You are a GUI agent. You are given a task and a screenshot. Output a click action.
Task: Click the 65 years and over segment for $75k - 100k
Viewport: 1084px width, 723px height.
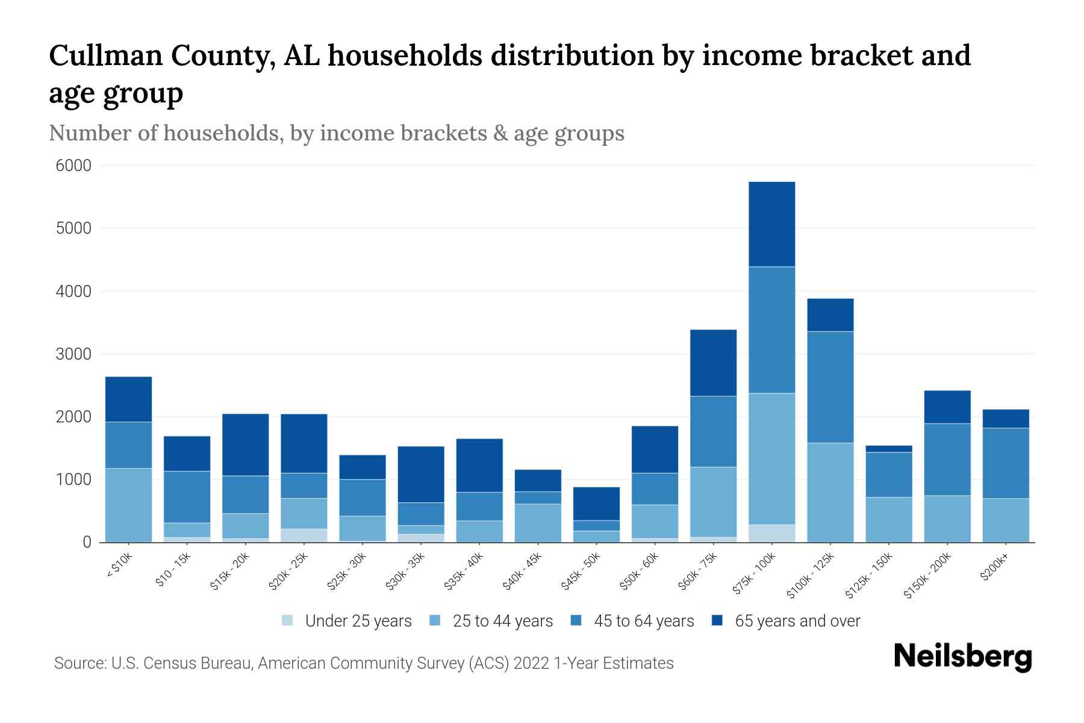771,224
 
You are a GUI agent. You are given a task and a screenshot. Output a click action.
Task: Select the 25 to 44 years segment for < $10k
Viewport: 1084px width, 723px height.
128,505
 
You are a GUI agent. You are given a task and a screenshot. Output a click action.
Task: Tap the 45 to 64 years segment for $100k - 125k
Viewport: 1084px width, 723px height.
830,387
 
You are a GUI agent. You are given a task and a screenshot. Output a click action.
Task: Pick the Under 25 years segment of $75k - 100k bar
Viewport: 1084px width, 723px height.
771,533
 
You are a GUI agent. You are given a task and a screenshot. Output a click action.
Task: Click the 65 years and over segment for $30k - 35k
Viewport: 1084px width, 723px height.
421,474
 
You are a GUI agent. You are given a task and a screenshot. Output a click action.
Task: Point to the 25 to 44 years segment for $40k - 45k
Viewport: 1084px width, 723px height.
538,523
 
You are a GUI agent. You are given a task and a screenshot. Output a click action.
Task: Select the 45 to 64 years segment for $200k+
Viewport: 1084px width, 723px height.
1005,463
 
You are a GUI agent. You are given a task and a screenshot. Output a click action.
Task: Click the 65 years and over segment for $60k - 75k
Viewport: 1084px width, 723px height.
713,363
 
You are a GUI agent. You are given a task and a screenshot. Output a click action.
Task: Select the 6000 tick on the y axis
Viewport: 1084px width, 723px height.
73,166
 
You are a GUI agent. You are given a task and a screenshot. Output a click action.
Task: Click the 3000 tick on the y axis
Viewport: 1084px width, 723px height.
73,354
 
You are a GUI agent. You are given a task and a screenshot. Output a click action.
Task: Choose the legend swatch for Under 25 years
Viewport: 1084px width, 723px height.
287,621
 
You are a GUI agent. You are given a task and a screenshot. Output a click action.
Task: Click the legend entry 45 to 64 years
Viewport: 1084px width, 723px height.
643,621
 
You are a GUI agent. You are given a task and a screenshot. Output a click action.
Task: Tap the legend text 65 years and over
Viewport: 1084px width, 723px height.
797,621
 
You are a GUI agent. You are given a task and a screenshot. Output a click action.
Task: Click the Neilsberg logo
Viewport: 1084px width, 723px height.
962,657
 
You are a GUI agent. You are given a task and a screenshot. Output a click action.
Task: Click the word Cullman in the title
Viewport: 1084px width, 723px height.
104,55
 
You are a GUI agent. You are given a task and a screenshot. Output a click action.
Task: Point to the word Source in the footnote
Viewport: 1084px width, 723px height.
79,663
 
